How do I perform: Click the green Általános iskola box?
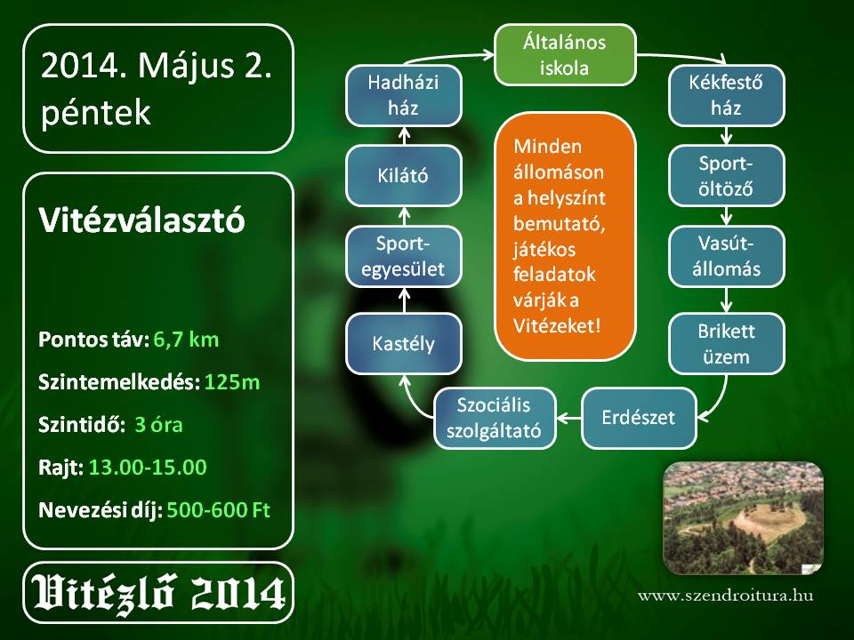tap(565, 55)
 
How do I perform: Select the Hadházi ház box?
tap(404, 95)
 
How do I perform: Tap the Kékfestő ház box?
tap(727, 95)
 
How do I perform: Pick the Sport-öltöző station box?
tap(727, 176)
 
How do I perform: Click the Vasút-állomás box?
tap(727, 256)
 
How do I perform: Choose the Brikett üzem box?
tap(727, 344)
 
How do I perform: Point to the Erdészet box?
tap(639, 418)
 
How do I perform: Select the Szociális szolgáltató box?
tap(495, 418)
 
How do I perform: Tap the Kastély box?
tap(404, 344)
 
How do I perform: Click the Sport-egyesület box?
tap(404, 256)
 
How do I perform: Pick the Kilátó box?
tap(404, 176)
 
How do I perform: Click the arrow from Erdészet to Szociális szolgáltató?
tap(568, 418)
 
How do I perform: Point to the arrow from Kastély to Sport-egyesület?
tap(404, 300)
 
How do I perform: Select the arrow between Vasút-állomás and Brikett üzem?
tap(727, 300)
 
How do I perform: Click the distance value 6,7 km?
tap(186, 340)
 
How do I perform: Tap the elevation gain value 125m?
tap(232, 382)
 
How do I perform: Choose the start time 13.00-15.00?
tap(148, 468)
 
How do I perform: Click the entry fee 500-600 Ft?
tap(219, 510)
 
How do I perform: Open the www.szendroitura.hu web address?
tap(726, 595)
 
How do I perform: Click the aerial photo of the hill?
tap(744, 518)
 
